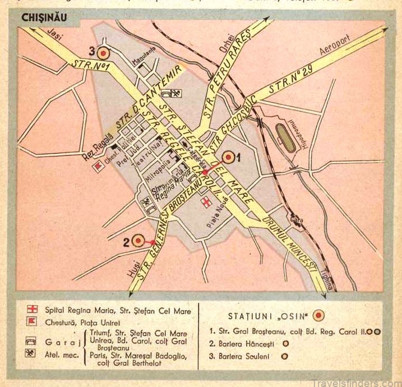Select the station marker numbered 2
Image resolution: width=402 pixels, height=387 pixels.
(x=138, y=242)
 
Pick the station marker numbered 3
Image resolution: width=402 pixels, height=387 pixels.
(x=103, y=53)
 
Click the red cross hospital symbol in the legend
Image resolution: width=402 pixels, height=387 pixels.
(x=34, y=310)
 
